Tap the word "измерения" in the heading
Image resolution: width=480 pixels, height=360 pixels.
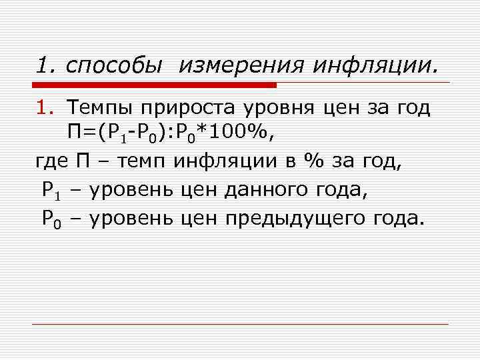235,65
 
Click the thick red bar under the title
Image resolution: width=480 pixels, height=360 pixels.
153,85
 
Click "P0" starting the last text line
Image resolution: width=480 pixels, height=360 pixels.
51,218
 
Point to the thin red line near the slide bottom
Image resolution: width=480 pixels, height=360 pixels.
240,324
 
